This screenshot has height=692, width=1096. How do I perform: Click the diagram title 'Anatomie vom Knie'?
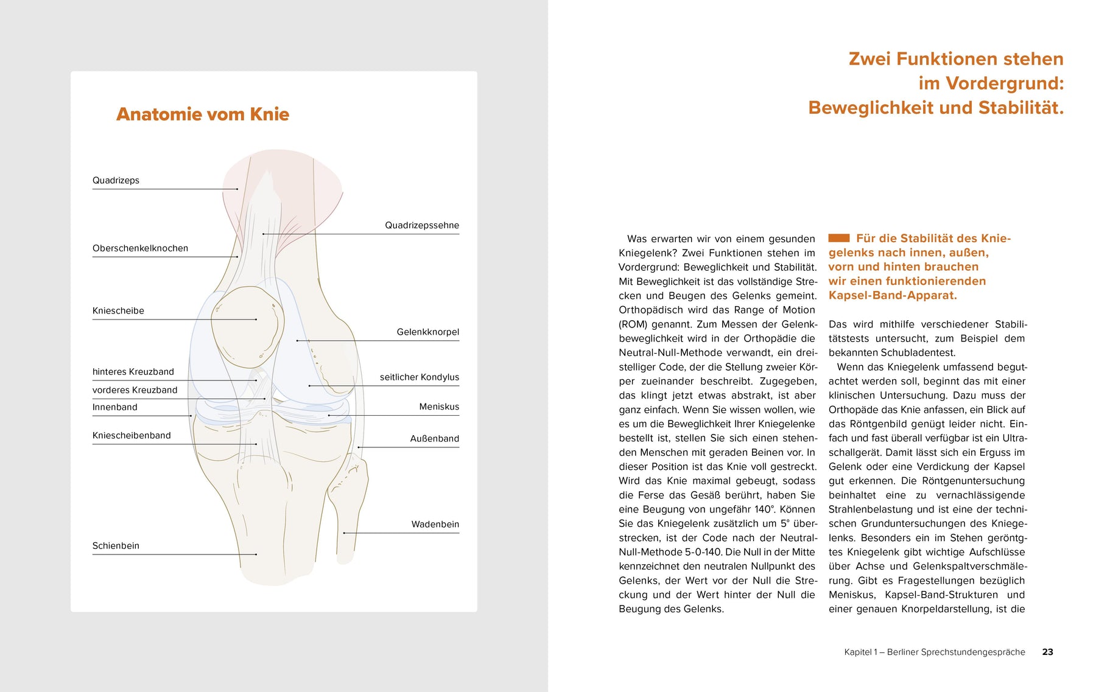point(202,114)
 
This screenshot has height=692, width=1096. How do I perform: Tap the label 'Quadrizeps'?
point(116,180)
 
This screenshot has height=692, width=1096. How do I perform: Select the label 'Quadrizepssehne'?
point(421,225)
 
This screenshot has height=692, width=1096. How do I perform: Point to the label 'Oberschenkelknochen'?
point(140,248)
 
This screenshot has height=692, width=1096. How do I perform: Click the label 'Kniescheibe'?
point(118,311)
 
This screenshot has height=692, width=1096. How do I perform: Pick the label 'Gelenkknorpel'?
point(427,332)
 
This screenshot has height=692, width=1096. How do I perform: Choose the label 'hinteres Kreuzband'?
point(133,372)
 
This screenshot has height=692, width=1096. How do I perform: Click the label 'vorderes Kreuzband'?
point(135,390)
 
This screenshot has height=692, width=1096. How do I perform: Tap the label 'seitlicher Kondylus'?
point(419,377)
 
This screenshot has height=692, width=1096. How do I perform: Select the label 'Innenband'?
point(114,407)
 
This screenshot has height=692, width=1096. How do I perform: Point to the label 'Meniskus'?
point(438,407)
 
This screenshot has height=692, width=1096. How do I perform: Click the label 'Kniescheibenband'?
point(132,436)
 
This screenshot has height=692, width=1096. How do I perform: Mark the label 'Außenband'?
point(434,439)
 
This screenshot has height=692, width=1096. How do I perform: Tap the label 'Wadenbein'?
point(435,525)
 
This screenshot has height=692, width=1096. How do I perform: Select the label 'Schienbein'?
point(116,546)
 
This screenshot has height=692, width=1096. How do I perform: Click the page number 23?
point(1047,652)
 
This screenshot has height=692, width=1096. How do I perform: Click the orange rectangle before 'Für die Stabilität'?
point(838,238)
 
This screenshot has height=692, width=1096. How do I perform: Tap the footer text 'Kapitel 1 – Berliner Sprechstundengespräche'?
point(934,652)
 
